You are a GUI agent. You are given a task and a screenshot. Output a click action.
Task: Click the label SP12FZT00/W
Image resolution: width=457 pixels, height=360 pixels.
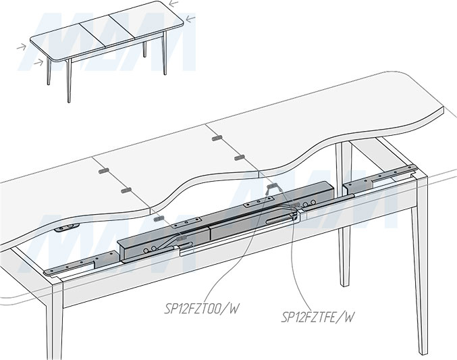point(203,310)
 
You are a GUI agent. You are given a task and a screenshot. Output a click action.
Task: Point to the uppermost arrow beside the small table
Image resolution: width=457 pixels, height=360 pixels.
point(193,19)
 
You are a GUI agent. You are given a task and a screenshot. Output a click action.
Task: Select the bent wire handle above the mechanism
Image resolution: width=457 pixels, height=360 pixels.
point(273,186)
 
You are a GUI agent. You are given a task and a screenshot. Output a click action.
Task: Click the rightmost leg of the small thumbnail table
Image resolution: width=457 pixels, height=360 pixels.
point(165,57)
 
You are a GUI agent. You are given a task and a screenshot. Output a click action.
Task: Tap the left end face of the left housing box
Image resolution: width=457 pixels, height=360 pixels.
point(122,249)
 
